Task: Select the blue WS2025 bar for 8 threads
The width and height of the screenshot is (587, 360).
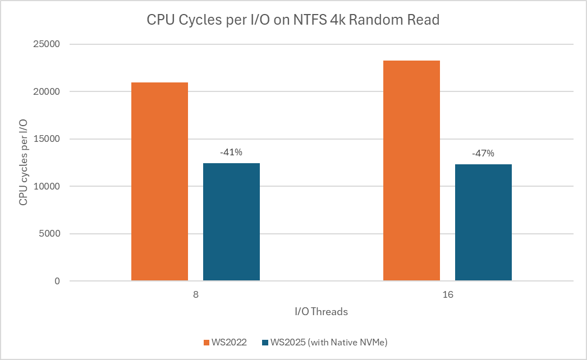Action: point(231,221)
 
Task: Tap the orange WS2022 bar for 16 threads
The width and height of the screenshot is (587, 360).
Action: point(411,170)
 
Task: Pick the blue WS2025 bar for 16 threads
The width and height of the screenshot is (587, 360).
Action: point(483,222)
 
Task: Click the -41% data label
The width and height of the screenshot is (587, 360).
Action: point(231,152)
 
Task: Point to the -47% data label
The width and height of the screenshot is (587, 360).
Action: point(483,153)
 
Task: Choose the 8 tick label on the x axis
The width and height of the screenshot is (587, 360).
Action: point(195,294)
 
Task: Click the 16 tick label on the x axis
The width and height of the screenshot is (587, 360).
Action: point(447,294)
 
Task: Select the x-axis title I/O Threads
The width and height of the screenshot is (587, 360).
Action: point(321,312)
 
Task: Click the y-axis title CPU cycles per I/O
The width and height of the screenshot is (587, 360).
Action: point(24,163)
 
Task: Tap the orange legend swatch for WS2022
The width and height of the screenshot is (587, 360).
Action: point(206,342)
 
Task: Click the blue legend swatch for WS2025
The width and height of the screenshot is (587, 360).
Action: point(265,342)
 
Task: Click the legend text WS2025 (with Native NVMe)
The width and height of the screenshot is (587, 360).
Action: point(328,342)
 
